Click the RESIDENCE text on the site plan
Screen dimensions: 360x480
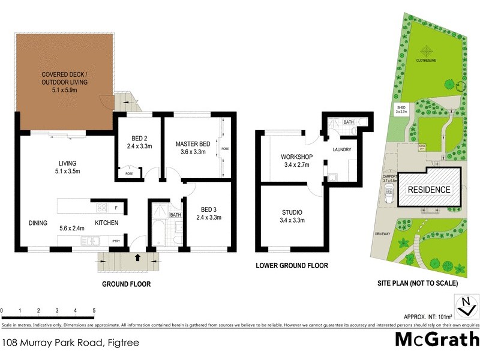[429, 190]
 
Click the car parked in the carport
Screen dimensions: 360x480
[389, 195]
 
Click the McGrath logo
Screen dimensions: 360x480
[436, 339]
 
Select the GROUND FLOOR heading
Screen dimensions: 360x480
[127, 284]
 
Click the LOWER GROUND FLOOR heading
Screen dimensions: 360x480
[292, 265]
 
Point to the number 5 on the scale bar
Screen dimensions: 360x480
[94, 310]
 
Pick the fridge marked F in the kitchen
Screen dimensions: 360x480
[116, 208]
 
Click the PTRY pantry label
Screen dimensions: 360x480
[116, 241]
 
